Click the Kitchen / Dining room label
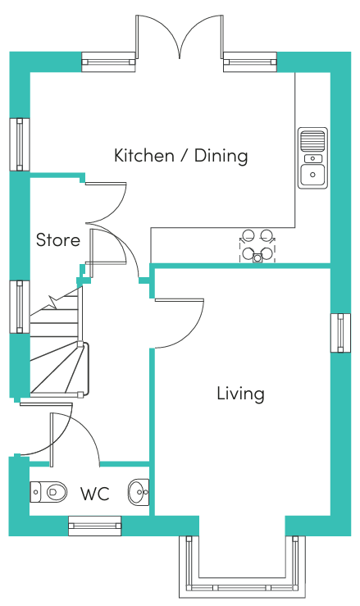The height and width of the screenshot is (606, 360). [x=180, y=156]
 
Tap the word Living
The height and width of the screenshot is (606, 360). [x=240, y=394]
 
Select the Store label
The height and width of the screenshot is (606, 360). [x=58, y=240]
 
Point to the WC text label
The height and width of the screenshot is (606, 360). [x=95, y=494]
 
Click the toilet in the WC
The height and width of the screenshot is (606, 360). [x=48, y=492]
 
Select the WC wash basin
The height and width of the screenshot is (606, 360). [x=139, y=491]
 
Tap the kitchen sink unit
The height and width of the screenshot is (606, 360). [x=312, y=157]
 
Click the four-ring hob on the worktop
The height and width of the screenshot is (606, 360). [x=257, y=246]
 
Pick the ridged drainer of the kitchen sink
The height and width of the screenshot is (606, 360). [x=312, y=141]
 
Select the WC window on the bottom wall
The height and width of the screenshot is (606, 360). [x=95, y=526]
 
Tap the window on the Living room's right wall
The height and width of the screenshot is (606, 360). [x=340, y=333]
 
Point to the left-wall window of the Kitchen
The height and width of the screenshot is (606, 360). [x=20, y=144]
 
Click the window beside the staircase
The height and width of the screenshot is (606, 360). [x=20, y=307]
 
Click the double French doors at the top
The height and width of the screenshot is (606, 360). [x=180, y=37]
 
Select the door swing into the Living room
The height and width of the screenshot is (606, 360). [x=179, y=323]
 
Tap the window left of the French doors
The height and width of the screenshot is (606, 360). [x=109, y=62]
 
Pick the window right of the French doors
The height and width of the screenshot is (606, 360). [x=250, y=62]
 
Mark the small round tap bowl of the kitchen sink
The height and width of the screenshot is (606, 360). [x=312, y=158]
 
